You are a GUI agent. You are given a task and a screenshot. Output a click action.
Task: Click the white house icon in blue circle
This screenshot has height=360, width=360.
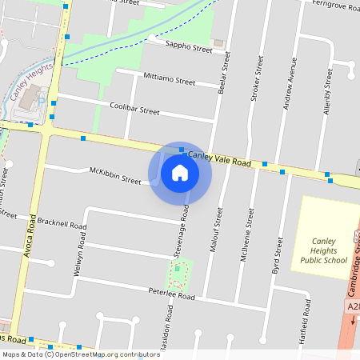[180, 172]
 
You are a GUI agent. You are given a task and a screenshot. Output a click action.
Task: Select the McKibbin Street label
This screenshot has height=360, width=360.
[115, 175]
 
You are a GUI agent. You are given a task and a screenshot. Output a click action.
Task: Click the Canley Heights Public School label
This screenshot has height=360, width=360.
[324, 249]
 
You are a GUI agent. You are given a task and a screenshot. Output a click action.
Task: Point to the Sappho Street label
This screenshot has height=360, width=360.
[188, 48]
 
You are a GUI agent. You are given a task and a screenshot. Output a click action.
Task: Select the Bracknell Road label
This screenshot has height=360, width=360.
[62, 223]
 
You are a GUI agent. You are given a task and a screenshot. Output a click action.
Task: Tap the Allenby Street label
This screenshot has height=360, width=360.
[328, 92]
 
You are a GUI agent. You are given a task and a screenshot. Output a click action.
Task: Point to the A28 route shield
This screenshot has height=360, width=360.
[354, 306]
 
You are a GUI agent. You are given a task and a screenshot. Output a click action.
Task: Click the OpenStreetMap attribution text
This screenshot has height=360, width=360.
[80, 354]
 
